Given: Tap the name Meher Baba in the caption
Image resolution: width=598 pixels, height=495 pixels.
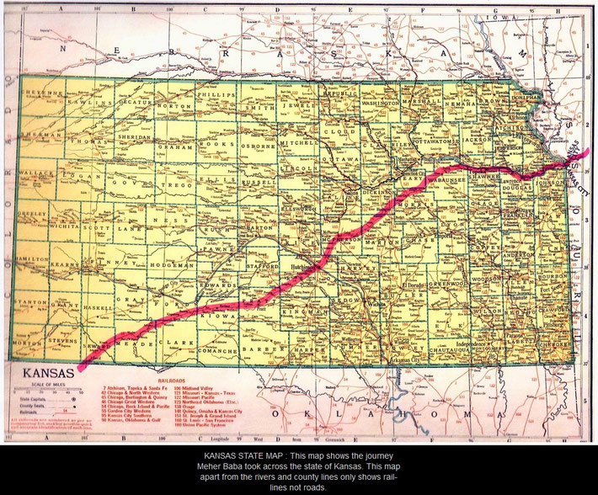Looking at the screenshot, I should point(222,466).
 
